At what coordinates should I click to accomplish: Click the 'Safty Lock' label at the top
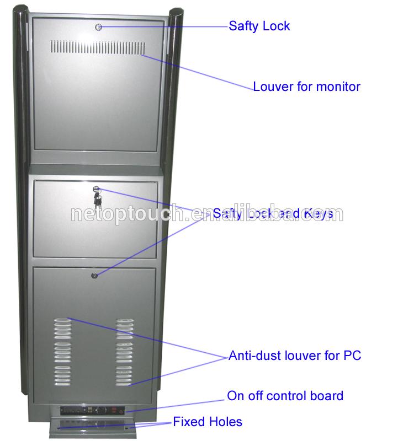tap(259, 26)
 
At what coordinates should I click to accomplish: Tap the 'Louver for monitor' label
tap(306, 87)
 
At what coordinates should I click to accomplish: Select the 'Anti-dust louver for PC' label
tap(295, 356)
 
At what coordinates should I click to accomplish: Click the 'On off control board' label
tap(285, 396)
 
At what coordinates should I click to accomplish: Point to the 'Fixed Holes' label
tap(207, 422)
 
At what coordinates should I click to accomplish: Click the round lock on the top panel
tap(98, 26)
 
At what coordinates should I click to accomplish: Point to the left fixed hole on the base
tap(58, 427)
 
